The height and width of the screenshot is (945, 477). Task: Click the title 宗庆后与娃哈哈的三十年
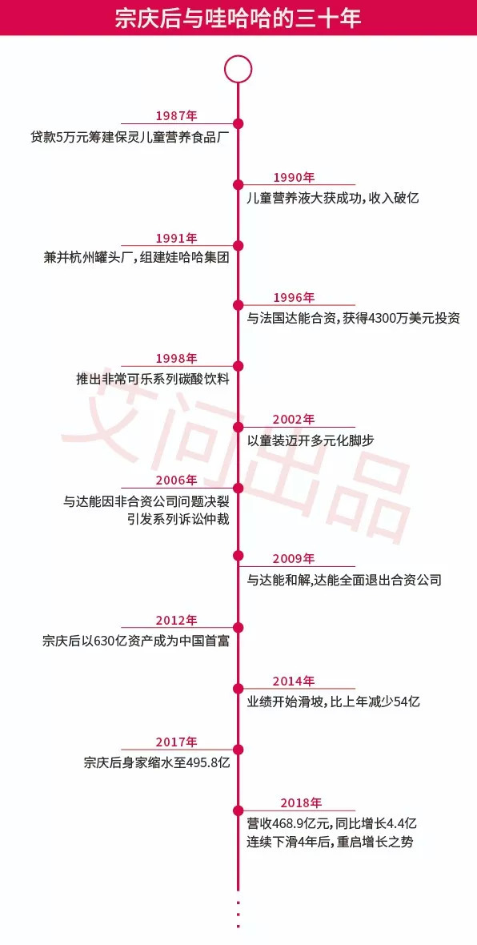(x=238, y=18)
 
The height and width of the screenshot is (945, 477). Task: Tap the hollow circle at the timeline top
(x=238, y=69)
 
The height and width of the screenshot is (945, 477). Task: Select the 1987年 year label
(x=176, y=115)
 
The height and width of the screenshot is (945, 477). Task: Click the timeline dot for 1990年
(x=238, y=184)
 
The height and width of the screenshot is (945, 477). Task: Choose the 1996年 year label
(x=293, y=298)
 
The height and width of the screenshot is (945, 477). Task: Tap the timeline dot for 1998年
(x=238, y=366)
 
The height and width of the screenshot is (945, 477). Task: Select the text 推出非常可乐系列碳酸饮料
(x=151, y=380)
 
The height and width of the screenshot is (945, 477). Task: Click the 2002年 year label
(x=293, y=419)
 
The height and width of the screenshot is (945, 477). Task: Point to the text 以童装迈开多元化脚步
(x=311, y=440)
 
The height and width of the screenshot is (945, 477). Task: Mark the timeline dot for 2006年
(x=238, y=487)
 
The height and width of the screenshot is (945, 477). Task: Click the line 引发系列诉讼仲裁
(x=178, y=520)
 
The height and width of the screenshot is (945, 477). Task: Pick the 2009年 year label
(x=293, y=558)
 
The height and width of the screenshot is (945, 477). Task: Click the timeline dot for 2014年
(x=238, y=688)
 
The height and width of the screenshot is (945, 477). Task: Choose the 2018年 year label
(x=301, y=802)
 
